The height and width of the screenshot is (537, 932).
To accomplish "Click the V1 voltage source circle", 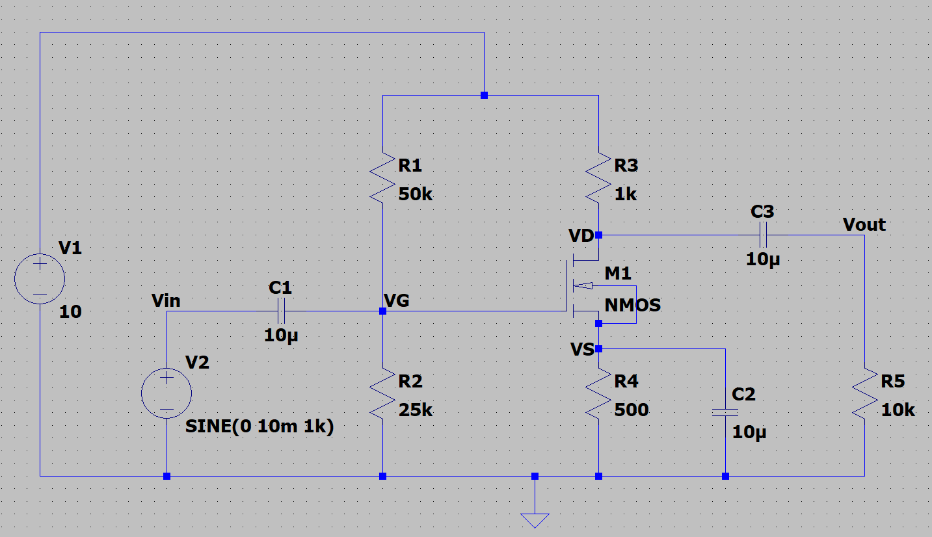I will point(40,280).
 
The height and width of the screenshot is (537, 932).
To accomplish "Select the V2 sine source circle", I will point(166,393).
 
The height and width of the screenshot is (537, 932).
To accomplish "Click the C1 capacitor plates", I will point(281,311).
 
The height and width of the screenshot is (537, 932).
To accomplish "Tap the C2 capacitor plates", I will point(725,412).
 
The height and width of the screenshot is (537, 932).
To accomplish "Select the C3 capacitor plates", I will point(763,235).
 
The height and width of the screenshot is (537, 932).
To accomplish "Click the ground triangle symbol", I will point(535,520).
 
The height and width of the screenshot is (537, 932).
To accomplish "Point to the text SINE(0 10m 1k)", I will point(260,427).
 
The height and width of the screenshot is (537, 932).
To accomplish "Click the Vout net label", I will point(864,225).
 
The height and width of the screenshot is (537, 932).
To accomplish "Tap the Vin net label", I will point(166,300).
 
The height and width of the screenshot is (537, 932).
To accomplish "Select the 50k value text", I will point(415,194).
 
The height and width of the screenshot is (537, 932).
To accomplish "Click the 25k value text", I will point(415,410).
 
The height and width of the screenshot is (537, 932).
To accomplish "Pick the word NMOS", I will point(633,305).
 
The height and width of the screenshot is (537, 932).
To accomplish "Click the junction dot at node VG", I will point(382,311).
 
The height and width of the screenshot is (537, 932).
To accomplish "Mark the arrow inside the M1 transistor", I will point(585,285).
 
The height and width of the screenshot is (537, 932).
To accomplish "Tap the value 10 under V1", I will point(70,312).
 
